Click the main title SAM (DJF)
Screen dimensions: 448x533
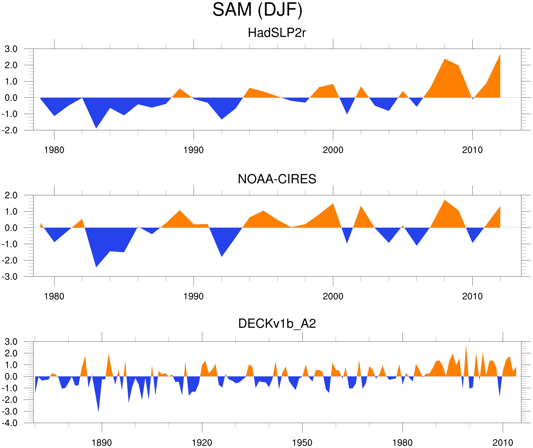click(x=257, y=10)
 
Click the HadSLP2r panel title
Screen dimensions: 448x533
click(x=277, y=33)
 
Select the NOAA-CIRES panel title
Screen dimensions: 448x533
click(x=277, y=179)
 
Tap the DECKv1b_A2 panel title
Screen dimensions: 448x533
click(x=277, y=324)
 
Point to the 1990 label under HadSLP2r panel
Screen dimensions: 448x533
click(x=194, y=150)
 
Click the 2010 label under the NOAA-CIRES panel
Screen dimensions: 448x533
click(x=472, y=296)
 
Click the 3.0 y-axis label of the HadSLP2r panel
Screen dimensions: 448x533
click(x=11, y=49)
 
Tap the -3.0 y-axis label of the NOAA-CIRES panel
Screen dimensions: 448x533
click(x=10, y=277)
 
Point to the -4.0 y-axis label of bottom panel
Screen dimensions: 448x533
click(x=10, y=423)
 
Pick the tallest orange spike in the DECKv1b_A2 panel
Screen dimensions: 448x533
click(x=466, y=346)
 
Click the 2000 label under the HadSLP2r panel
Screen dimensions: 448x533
click(x=333, y=150)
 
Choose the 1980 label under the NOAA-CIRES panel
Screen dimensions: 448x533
click(x=54, y=296)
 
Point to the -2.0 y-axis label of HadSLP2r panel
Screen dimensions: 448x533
click(x=10, y=131)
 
